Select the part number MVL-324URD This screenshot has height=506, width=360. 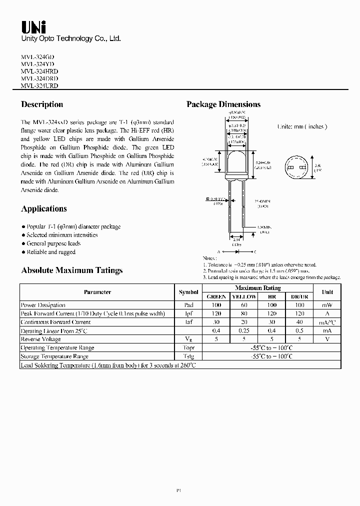[39, 86]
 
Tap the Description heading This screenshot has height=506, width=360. [42, 104]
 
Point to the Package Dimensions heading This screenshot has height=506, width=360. [223, 104]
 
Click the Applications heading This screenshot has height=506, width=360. [44, 209]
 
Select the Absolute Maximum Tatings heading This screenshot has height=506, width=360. [71, 270]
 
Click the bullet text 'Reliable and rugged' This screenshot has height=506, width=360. [51, 252]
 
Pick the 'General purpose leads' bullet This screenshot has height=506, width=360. [53, 243]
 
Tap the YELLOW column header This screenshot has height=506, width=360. [244, 296]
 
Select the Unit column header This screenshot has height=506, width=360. [327, 292]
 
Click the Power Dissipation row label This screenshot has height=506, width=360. [43, 305]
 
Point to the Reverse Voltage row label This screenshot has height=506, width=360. [41, 339]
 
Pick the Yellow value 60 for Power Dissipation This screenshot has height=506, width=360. [244, 305]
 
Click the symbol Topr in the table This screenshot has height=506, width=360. [188, 347]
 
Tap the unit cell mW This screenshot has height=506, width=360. [327, 305]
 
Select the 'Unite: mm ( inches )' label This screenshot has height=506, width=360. [302, 127]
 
